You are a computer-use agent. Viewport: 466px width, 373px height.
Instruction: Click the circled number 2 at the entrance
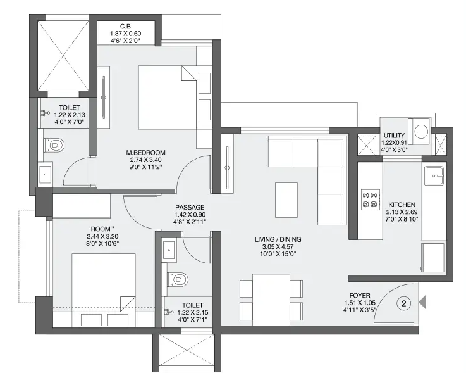pos(403,303)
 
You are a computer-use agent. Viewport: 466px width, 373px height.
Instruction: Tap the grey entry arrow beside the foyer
pos(422,302)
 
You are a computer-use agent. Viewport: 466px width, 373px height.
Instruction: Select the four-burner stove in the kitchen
pos(371,199)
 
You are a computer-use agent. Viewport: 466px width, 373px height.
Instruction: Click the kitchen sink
pos(434,175)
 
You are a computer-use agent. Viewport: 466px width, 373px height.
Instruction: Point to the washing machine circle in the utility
pos(421,131)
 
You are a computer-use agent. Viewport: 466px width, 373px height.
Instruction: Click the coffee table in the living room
pos(286,200)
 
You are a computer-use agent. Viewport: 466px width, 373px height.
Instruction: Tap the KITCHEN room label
pos(402,205)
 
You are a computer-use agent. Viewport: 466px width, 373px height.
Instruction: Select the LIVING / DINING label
pos(278,239)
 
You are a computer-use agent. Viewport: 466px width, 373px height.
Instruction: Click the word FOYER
pos(360,296)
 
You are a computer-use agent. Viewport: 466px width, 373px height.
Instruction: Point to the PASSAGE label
pos(190,207)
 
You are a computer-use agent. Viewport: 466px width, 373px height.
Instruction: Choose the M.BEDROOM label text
pos(145,153)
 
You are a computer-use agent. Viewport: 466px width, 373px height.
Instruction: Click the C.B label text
pos(125,27)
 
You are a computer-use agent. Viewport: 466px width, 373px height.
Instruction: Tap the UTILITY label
pos(394,136)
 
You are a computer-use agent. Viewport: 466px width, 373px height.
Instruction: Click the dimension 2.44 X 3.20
pos(103,237)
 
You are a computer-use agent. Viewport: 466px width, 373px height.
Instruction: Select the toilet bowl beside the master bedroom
pos(54,145)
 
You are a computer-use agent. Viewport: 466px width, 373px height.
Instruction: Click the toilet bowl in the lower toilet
pos(178,279)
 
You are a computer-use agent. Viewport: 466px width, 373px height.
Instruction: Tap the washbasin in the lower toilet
pos(169,248)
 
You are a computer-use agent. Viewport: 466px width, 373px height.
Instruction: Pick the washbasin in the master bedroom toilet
pos(45,174)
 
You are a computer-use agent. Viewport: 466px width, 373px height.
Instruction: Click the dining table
pos(271,300)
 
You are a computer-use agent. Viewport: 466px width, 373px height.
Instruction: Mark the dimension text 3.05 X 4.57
pos(278,247)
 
